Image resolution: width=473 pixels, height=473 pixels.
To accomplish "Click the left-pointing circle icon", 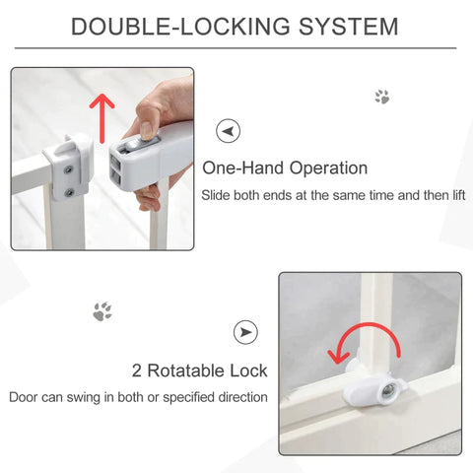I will (x=229, y=130).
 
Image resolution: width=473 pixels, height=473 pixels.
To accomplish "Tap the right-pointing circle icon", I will (x=245, y=332).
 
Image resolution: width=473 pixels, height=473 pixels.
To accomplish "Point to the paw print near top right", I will (x=381, y=97).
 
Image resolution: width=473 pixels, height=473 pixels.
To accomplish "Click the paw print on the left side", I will (x=101, y=311).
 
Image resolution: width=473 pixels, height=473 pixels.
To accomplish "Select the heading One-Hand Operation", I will (x=284, y=169).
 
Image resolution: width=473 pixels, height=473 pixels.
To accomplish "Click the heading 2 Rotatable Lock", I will (x=199, y=371).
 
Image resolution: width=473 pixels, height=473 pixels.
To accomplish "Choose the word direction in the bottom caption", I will (x=237, y=397).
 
